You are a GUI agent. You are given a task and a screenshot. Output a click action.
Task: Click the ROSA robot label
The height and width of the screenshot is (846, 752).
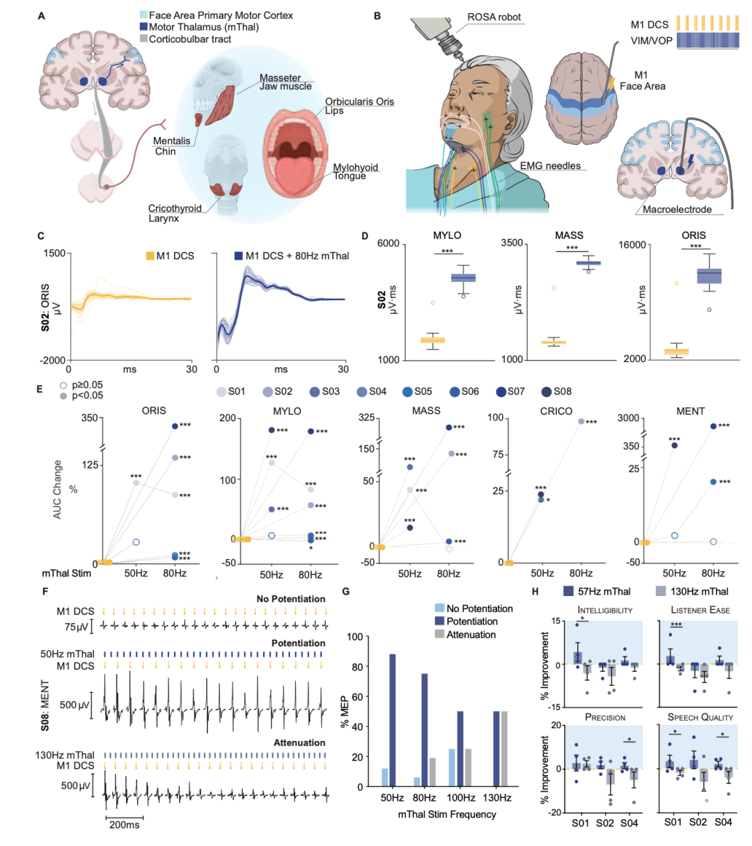pyautogui.click(x=494, y=17)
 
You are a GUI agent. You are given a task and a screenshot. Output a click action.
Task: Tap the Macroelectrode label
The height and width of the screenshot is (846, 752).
pyautogui.click(x=677, y=209)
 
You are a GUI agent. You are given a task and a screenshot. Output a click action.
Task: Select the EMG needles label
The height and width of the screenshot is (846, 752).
pyautogui.click(x=550, y=166)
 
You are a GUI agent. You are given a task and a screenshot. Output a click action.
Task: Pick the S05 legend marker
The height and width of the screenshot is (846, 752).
pyautogui.click(x=407, y=392)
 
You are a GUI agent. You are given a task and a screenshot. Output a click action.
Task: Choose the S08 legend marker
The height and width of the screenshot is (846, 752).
pyautogui.click(x=547, y=392)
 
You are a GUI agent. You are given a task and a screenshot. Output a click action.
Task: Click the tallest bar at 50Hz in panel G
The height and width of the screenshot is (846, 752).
pyautogui.click(x=393, y=720)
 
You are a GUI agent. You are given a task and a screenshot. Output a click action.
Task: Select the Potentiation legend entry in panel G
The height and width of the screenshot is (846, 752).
pyautogui.click(x=466, y=621)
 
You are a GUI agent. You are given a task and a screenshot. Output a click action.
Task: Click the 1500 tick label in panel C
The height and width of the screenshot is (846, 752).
pyautogui.click(x=54, y=253)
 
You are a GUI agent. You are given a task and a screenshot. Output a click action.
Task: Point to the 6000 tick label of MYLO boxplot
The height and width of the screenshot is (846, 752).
pyautogui.click(x=388, y=244)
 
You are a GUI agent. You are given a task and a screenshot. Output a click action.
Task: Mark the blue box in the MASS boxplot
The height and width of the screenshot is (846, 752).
pyautogui.click(x=588, y=263)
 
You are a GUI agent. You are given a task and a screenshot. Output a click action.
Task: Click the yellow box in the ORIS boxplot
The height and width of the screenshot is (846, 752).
pyautogui.click(x=676, y=352)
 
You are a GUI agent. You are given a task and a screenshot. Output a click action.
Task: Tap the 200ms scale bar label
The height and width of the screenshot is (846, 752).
pyautogui.click(x=124, y=824)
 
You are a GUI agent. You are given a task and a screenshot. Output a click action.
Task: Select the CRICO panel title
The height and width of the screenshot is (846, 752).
pyautogui.click(x=556, y=412)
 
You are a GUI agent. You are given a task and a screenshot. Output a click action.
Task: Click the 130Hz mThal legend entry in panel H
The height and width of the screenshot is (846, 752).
pyautogui.click(x=692, y=591)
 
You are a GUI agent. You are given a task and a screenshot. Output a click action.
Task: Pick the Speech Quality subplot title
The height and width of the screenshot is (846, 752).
pyautogui.click(x=700, y=717)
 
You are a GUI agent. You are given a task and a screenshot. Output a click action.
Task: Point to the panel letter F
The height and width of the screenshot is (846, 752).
pyautogui.click(x=45, y=591)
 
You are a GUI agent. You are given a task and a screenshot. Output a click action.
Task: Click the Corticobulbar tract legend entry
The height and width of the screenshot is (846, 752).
pyautogui.click(x=185, y=39)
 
